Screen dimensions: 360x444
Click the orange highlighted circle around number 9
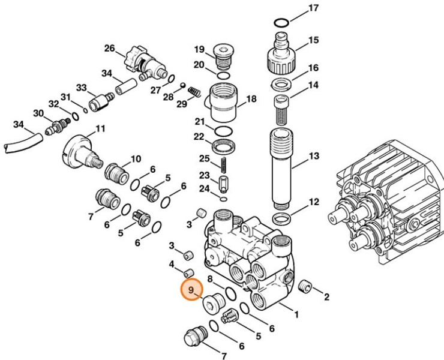[191, 291]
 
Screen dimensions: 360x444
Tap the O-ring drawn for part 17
[281, 22]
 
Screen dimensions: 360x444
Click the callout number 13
[313, 157]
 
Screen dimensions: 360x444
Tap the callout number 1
[295, 312]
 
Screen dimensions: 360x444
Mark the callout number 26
[109, 48]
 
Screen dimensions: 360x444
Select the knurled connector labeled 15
[281, 53]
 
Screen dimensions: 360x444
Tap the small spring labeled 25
[223, 163]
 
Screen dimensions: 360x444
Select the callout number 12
[313, 202]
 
